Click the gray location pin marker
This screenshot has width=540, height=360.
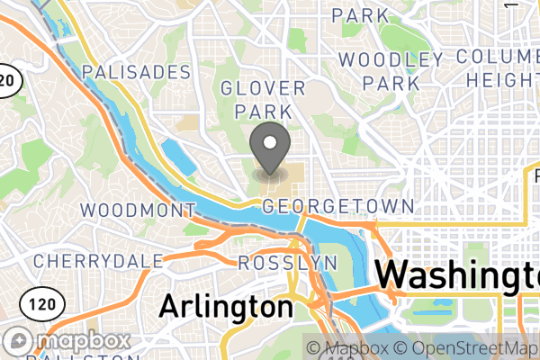pos(269,149)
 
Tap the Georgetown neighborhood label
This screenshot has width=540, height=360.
pos(338,207)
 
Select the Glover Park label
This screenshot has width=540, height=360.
pos(263,99)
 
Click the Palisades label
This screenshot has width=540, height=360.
pos(136,72)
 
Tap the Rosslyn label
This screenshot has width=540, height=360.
pos(287,264)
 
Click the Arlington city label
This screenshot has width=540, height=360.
pos(226,306)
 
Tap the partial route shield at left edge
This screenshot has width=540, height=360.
pos(7,80)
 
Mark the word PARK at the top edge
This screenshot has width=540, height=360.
pos(360,15)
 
